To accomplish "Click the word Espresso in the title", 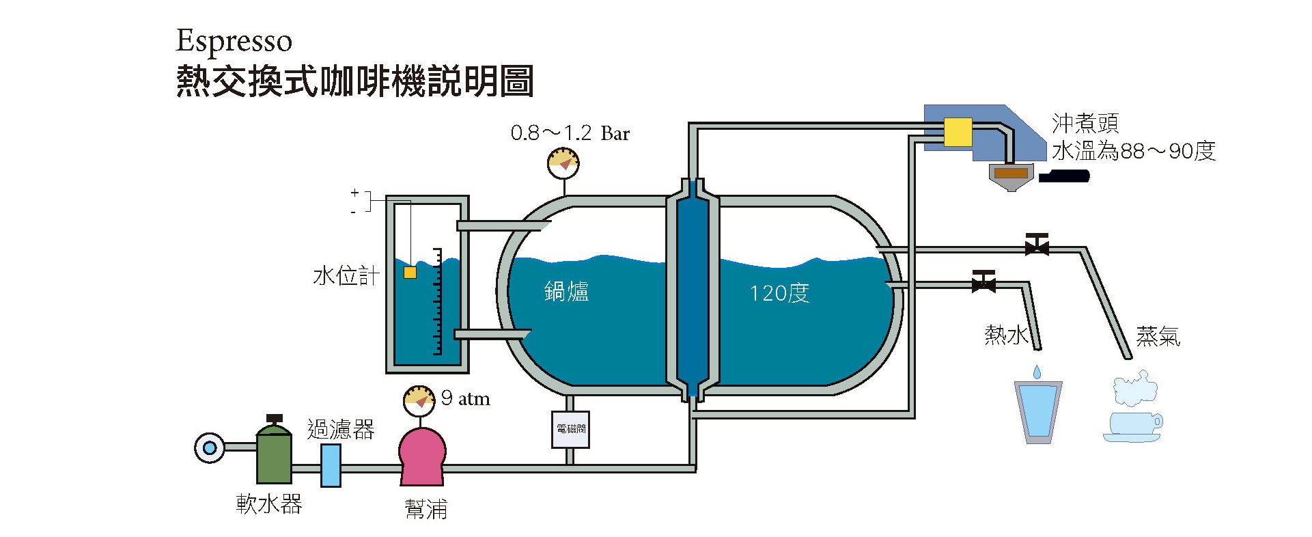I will tap(234, 42).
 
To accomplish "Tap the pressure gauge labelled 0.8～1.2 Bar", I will tap(563, 163).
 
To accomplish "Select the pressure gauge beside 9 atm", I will tap(419, 400).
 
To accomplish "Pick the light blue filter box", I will tap(331, 465).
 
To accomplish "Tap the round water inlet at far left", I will tap(210, 448).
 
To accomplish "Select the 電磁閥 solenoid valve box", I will tap(570, 429).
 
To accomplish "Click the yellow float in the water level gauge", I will tap(410, 273).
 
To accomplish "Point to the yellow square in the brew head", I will tap(958, 132).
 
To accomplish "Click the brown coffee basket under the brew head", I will tap(1011, 174).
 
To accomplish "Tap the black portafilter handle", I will tap(1063, 176).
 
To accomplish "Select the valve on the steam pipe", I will tap(1037, 245).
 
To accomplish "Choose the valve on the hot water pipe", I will tap(983, 281).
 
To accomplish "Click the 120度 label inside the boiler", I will tap(779, 293).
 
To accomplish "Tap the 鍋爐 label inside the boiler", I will tap(566, 292).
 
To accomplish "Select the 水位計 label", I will tap(346, 276).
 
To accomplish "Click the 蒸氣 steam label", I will tap(1158, 336).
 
